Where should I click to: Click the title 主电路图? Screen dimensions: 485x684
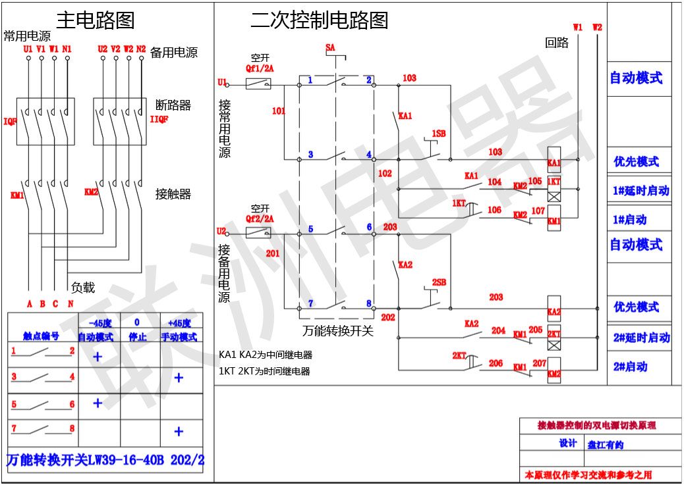pyautogui.click(x=95, y=20)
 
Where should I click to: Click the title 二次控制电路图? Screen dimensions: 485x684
pyautogui.click(x=319, y=20)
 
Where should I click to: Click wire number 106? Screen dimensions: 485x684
pyautogui.click(x=494, y=211)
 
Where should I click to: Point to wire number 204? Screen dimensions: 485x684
pyautogui.click(x=498, y=330)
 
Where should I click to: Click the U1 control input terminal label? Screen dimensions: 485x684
pyautogui.click(x=221, y=82)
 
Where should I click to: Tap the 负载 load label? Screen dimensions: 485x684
pyautogui.click(x=83, y=288)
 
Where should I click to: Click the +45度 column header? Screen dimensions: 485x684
pyautogui.click(x=179, y=323)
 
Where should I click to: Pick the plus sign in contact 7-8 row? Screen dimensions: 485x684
pyautogui.click(x=178, y=432)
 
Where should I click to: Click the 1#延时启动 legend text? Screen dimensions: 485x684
pyautogui.click(x=641, y=191)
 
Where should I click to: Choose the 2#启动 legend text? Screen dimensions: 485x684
pyautogui.click(x=630, y=367)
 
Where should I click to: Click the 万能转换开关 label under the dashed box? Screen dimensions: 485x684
pyautogui.click(x=338, y=331)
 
